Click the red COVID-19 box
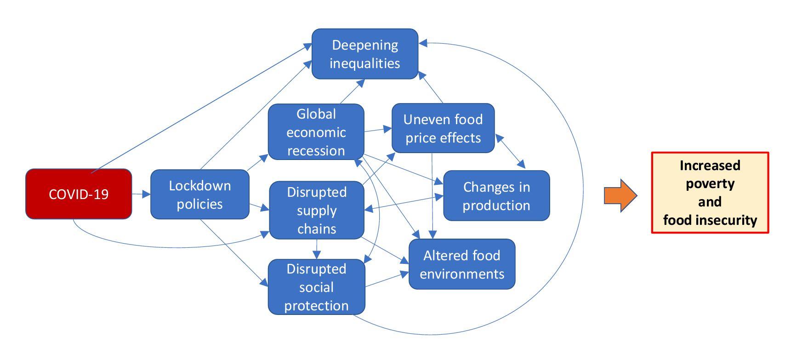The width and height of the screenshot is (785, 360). click(x=79, y=194)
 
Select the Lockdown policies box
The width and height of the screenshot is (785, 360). click(x=200, y=194)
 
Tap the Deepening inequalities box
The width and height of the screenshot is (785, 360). click(x=365, y=54)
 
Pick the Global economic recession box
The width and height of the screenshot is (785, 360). click(x=316, y=132)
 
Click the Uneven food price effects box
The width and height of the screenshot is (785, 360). click(x=443, y=128)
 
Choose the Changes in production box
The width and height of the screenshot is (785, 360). click(x=496, y=196)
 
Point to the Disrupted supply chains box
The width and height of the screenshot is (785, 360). click(x=317, y=210)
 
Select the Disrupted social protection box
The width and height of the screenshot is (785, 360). click(x=316, y=287)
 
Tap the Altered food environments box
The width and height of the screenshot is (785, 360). click(x=462, y=264)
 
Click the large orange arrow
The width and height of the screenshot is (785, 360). click(x=620, y=195)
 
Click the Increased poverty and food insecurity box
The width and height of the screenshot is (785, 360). click(x=710, y=193)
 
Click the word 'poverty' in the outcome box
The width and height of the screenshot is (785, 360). click(x=710, y=183)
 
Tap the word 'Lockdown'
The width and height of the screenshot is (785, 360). click(x=200, y=186)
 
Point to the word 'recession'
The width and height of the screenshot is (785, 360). click(x=316, y=151)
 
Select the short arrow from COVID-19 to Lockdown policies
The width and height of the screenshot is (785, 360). click(x=141, y=194)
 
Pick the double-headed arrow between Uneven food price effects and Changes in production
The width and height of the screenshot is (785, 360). click(x=510, y=151)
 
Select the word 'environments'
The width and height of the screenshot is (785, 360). click(x=462, y=274)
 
